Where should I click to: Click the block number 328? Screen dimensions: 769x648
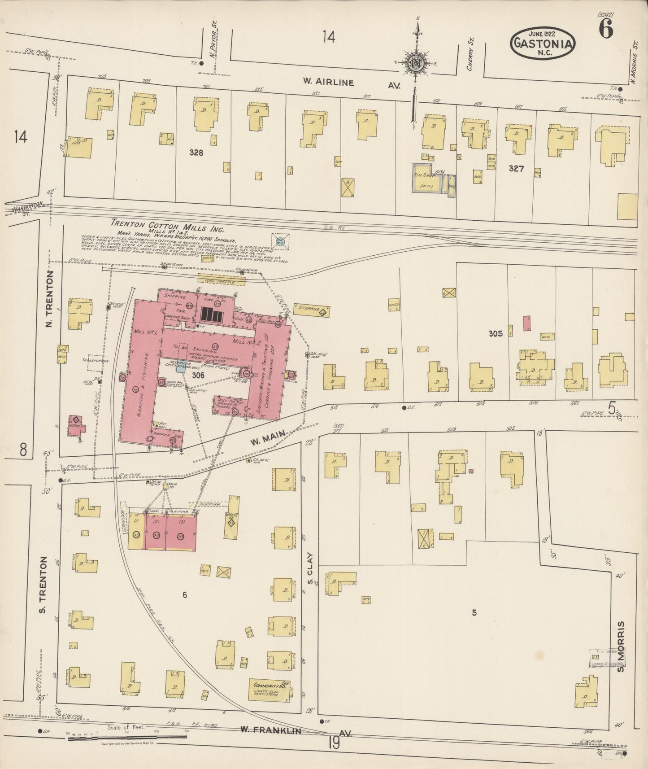(x=196, y=153)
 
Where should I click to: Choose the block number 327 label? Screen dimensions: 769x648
(x=517, y=169)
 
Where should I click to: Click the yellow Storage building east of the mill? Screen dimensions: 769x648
(x=312, y=309)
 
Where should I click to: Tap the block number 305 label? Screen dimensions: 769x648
(x=496, y=333)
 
